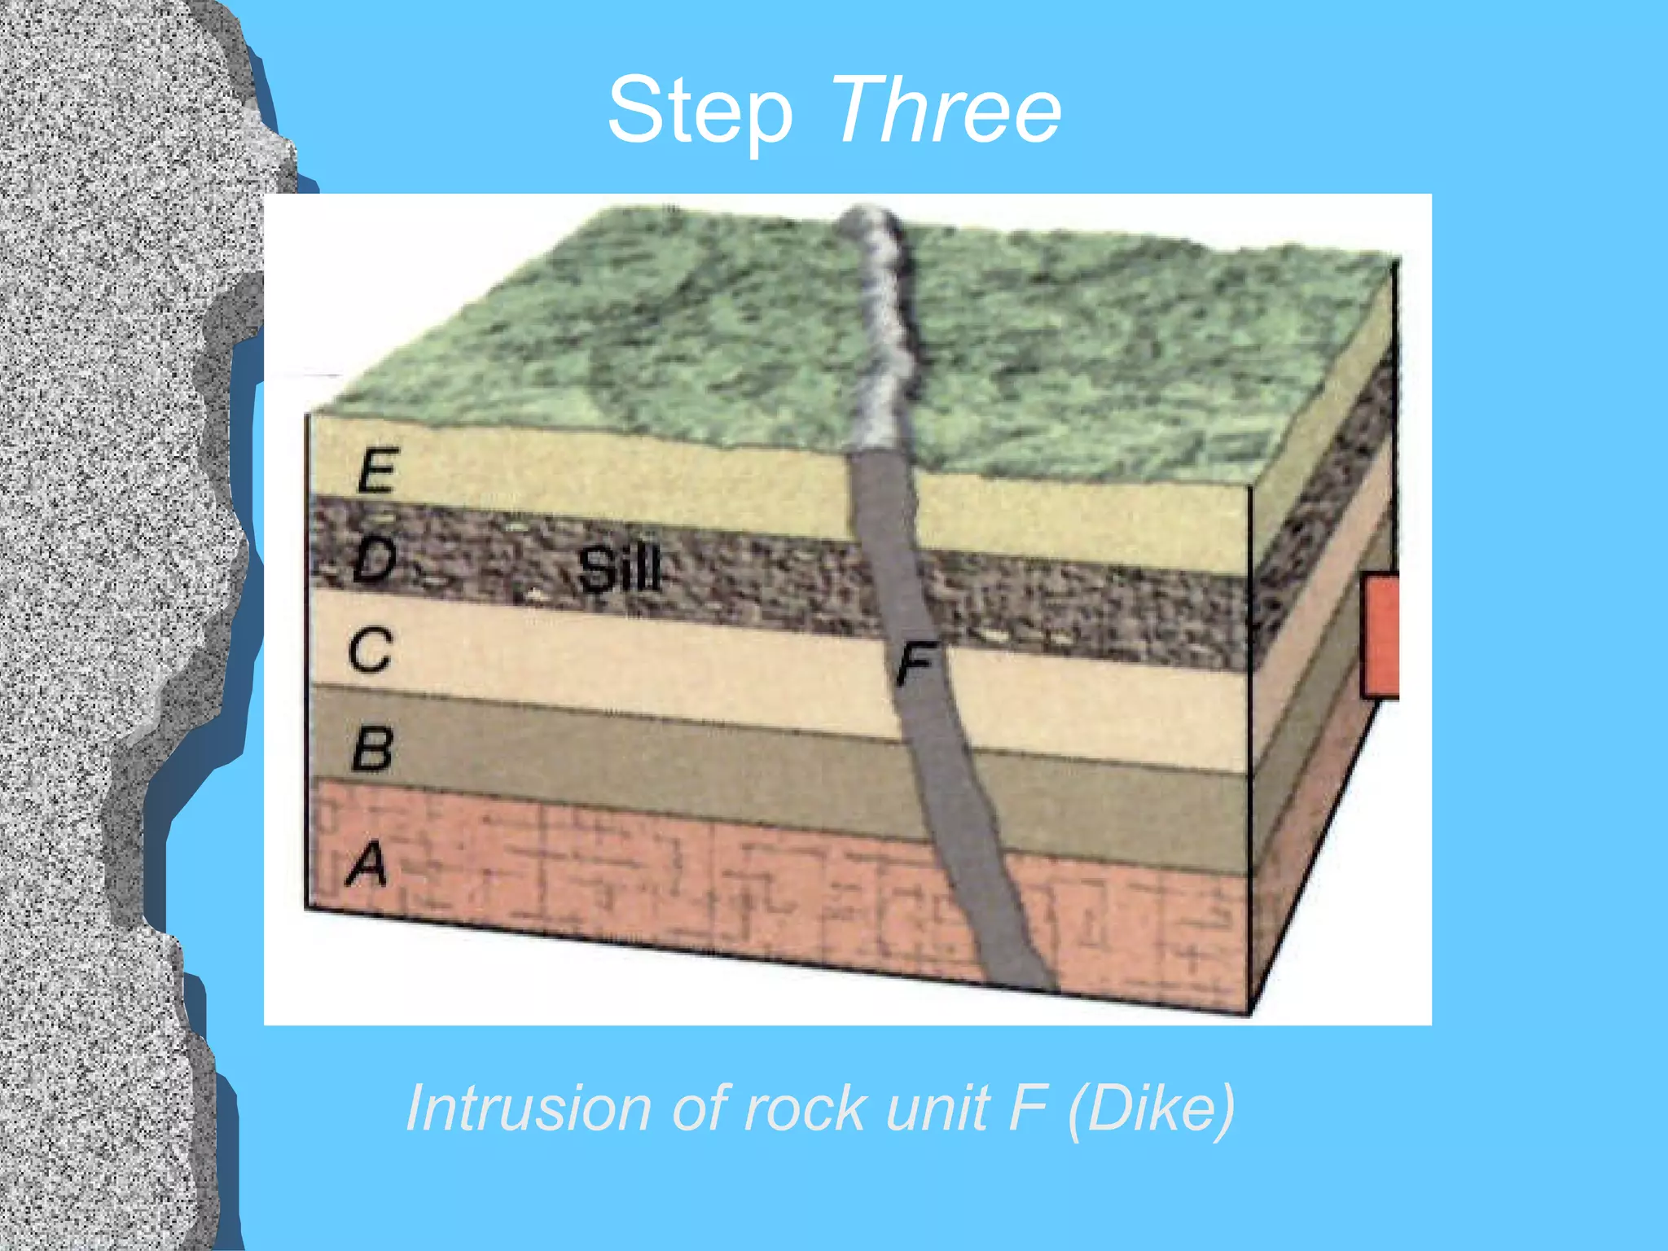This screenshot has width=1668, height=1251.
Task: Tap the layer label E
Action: pyautogui.click(x=376, y=470)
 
